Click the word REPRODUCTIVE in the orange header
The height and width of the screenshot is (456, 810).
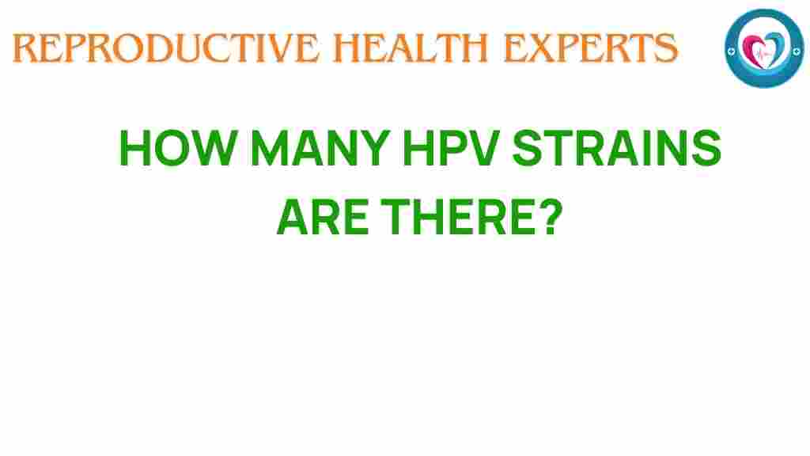point(166,48)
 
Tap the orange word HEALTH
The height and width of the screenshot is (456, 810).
point(411,48)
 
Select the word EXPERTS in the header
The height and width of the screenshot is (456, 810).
point(590,48)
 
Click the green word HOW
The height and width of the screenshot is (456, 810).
point(178,148)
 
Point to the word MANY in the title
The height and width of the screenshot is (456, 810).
point(320,148)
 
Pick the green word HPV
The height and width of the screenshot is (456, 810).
point(451,148)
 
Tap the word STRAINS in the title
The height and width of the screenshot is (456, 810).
point(616,148)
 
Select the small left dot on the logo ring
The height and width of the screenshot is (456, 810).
point(731,51)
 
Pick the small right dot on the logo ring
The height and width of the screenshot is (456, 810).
point(797,51)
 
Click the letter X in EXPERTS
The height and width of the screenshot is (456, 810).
point(543,48)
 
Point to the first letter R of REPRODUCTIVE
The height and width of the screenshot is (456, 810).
point(25,48)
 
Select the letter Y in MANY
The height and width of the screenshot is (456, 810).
point(374,148)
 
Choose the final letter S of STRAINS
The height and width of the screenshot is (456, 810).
point(706,148)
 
